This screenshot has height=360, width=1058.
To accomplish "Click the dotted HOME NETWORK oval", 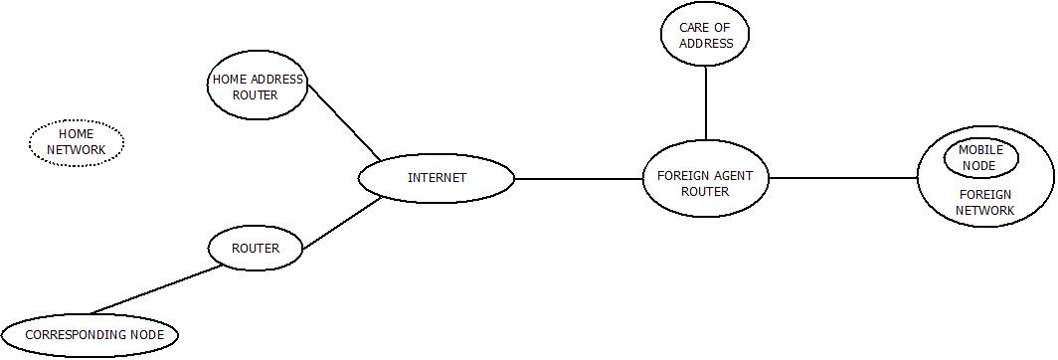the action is pyautogui.click(x=77, y=143).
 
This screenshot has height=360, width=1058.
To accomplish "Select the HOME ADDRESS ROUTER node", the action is pyautogui.click(x=258, y=88).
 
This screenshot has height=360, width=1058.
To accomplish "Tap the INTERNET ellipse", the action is pyautogui.click(x=437, y=179).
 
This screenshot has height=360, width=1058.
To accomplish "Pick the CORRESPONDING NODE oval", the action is pyautogui.click(x=89, y=335).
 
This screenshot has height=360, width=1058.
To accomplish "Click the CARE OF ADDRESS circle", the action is pyautogui.click(x=705, y=35).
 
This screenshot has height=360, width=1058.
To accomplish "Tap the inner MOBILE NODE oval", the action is pyautogui.click(x=981, y=157).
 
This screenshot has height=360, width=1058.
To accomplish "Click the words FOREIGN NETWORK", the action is pyautogui.click(x=984, y=203).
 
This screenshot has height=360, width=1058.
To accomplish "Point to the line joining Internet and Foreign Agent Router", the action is pyautogui.click(x=579, y=179).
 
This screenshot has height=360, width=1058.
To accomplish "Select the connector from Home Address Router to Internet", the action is pyautogui.click(x=344, y=122).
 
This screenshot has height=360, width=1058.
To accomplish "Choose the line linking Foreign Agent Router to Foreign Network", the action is pyautogui.click(x=843, y=179).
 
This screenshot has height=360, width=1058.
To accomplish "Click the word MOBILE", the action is pyautogui.click(x=981, y=150).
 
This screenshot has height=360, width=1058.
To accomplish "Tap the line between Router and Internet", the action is pyautogui.click(x=342, y=223).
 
